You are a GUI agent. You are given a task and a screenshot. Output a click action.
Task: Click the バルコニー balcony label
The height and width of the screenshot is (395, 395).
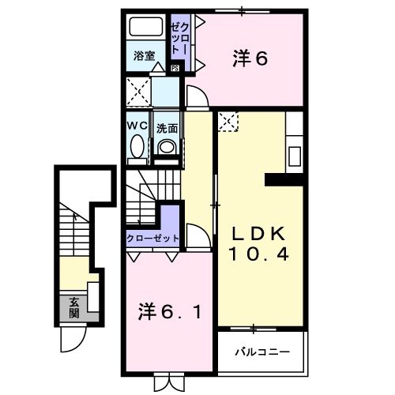coord(260,351)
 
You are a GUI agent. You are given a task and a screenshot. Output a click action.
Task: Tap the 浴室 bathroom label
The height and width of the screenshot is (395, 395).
coord(143,56)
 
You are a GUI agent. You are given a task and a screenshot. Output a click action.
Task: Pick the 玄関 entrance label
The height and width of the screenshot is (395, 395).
coord(73,307)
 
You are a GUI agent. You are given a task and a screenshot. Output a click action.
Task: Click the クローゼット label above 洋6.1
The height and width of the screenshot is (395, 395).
coord(153,237)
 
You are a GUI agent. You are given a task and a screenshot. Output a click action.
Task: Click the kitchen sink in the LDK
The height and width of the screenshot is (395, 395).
coord(295,152)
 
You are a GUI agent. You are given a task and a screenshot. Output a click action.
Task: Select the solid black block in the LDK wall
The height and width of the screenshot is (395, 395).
coord(284,180)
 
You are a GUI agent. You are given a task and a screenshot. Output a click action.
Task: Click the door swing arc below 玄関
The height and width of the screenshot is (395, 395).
coord(71,341)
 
